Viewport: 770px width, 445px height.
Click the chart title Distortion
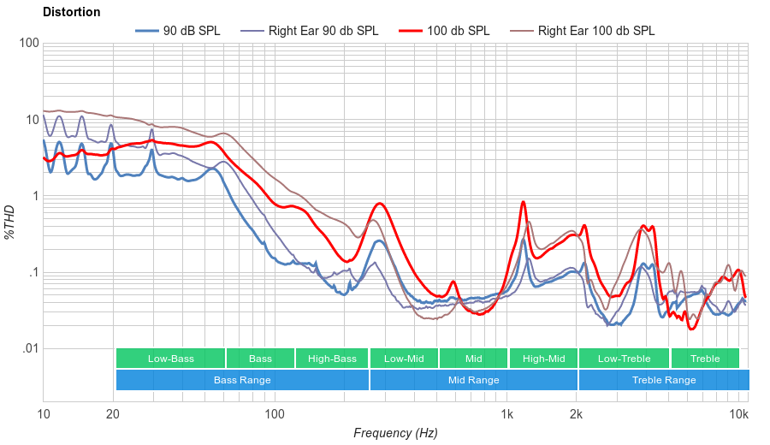coord(71,12)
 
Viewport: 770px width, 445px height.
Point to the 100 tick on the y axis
coord(27,44)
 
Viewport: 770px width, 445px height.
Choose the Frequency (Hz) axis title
coord(395,433)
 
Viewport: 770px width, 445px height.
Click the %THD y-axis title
coord(10,222)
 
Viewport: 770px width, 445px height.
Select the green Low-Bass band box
coord(170,359)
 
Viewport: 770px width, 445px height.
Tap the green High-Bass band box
coord(332,359)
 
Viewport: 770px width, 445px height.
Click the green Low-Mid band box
coord(404,359)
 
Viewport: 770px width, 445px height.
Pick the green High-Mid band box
coord(543,359)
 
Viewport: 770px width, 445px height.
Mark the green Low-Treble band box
coord(624,359)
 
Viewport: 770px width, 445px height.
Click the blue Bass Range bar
coord(242,380)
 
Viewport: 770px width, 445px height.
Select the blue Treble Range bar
coord(663,380)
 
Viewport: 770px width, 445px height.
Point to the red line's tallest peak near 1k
coord(522,202)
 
